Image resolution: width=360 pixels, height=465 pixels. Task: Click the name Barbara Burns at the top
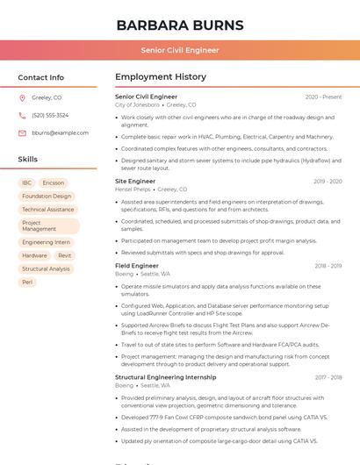(x=180, y=24)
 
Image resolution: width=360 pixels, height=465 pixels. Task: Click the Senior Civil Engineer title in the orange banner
(x=180, y=50)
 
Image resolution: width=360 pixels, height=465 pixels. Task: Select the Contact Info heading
(x=40, y=77)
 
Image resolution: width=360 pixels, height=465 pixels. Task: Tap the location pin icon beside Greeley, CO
(x=22, y=97)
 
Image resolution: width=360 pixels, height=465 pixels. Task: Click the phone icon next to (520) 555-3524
(x=22, y=115)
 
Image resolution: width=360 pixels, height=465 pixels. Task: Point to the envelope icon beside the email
(x=22, y=132)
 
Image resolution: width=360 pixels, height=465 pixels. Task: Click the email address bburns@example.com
(x=60, y=132)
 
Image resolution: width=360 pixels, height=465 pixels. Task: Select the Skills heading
(x=27, y=160)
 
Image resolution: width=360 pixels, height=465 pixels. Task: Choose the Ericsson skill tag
(x=54, y=182)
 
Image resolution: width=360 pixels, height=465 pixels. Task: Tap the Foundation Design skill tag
(x=47, y=196)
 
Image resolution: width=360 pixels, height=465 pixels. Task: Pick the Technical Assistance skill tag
(x=47, y=210)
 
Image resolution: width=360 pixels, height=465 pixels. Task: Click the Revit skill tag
(x=65, y=255)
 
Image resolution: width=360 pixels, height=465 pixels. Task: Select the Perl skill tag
(x=27, y=283)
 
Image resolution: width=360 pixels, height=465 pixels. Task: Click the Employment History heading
(x=161, y=77)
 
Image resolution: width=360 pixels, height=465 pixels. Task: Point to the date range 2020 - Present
(x=323, y=97)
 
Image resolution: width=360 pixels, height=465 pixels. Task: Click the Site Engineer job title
(x=135, y=181)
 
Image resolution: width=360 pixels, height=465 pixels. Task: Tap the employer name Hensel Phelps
(x=133, y=189)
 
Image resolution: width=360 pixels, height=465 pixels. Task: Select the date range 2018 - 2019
(x=328, y=266)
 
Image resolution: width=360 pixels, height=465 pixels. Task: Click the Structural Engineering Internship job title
(x=165, y=377)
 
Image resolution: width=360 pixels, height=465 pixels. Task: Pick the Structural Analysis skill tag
(x=46, y=268)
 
